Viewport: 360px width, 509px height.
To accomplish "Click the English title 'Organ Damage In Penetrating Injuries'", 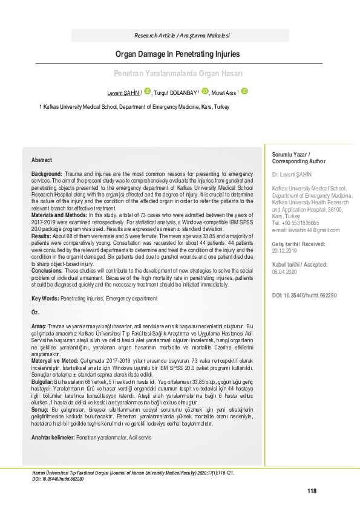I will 178,54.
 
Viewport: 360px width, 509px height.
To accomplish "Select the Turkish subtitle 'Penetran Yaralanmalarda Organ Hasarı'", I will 178,73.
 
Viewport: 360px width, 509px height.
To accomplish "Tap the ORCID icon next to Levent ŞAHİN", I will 147,92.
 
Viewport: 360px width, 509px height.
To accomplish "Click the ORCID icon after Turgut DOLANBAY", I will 205,92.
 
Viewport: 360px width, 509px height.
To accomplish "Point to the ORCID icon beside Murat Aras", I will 244,92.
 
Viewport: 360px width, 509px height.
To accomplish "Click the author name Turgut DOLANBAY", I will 177,93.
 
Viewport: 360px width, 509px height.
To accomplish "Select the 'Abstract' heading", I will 42,160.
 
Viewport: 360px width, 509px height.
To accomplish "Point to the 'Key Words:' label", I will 45,299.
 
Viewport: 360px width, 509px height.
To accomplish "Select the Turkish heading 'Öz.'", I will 35,312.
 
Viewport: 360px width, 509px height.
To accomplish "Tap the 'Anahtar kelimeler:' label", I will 53,437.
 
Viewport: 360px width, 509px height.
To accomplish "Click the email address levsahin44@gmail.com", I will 306,230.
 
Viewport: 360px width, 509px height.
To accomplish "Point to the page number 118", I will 312,491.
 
